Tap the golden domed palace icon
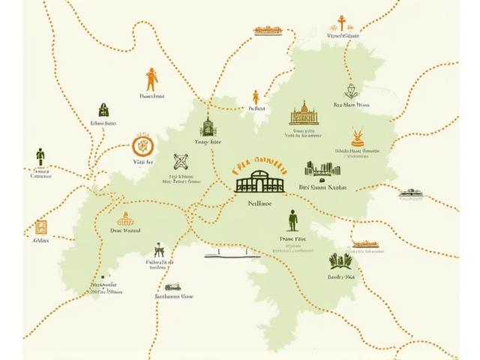pos(304,113)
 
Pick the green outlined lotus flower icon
pos(350,91)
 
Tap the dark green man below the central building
pos(292,221)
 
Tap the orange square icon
pos(40,226)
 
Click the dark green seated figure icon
pos(158,250)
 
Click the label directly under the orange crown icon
pos(125,232)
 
